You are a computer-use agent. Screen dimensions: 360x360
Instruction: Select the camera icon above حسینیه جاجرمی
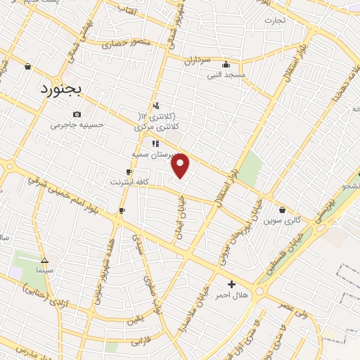click(x=77, y=115)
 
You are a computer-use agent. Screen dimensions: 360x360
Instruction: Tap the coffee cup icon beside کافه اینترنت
click(x=129, y=172)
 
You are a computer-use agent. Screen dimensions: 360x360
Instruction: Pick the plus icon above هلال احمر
click(x=231, y=284)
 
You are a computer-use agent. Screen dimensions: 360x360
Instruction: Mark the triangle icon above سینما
click(x=44, y=259)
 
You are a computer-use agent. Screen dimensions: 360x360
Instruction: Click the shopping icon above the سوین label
click(x=282, y=210)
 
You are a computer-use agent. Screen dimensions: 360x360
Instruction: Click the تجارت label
click(x=274, y=20)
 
